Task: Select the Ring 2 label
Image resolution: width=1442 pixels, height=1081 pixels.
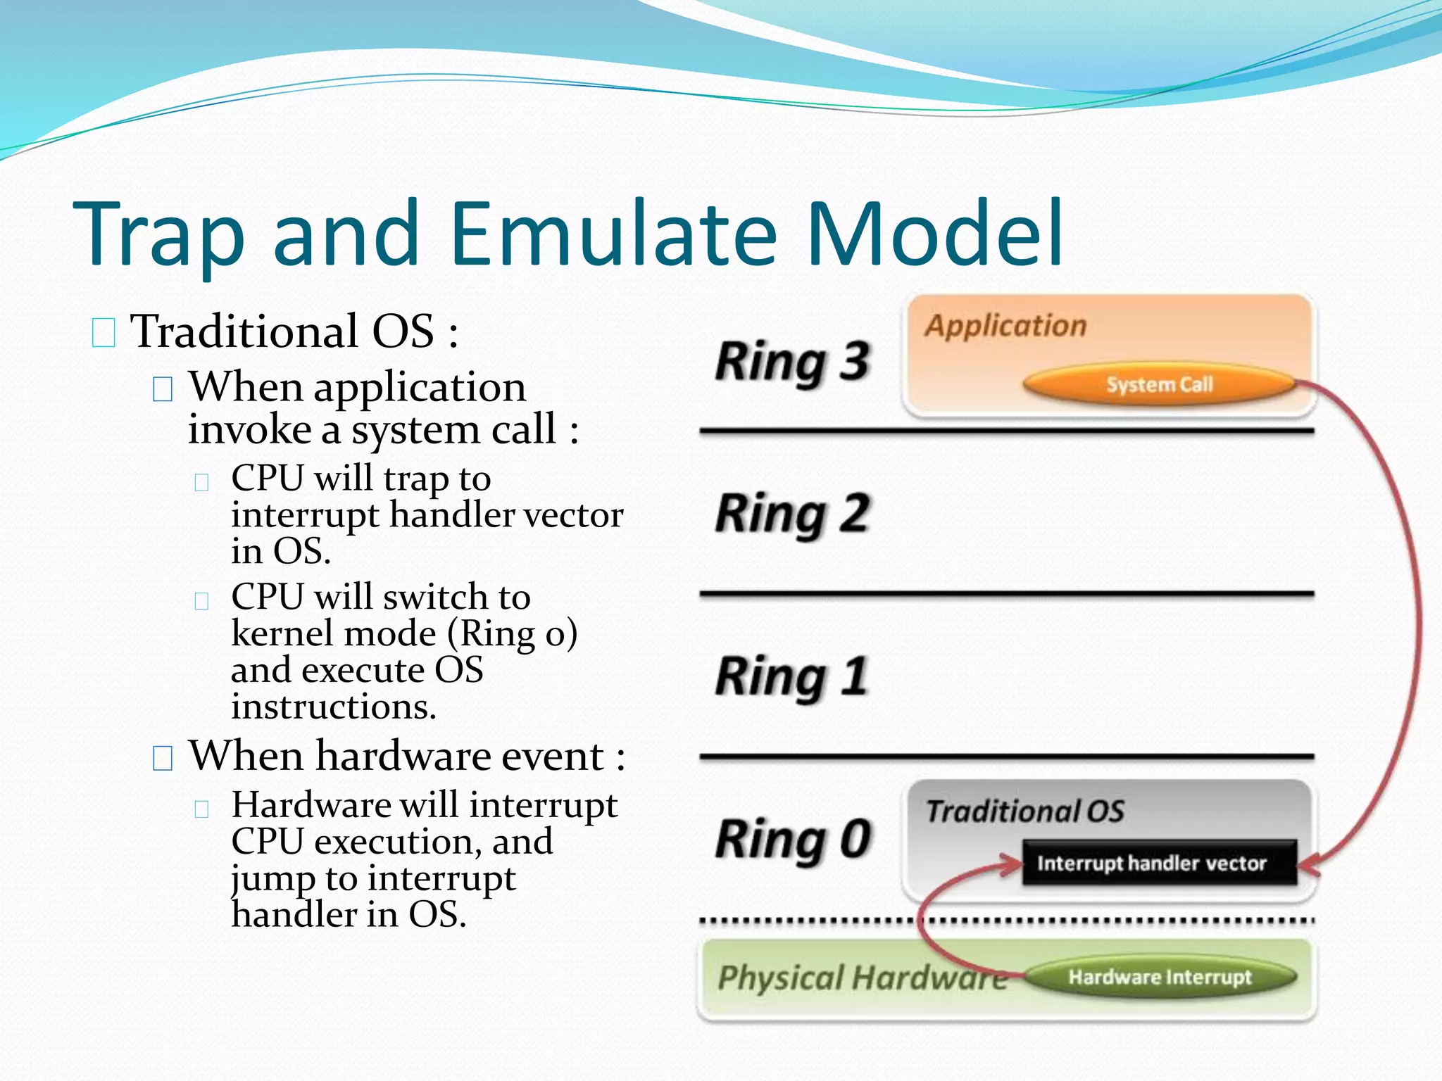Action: [x=793, y=514]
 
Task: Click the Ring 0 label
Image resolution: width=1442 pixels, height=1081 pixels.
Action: [x=793, y=839]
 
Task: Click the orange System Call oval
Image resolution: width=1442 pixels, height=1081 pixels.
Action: [x=1159, y=384]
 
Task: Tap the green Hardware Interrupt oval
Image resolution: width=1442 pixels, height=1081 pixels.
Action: [x=1160, y=977]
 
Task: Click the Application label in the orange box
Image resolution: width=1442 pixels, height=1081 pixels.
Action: [x=1005, y=326]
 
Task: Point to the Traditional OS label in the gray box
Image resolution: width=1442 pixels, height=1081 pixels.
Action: [x=1024, y=811]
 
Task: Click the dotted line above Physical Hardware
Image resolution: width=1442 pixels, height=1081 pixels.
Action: [x=810, y=921]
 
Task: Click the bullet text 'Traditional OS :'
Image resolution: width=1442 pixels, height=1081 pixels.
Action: [x=294, y=331]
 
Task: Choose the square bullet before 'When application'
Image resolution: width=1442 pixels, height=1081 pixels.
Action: [x=163, y=388]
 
